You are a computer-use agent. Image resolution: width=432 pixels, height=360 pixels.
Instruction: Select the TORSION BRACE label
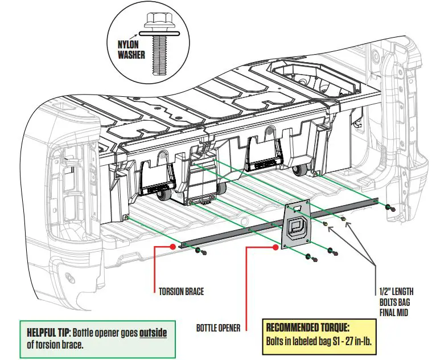(x=181, y=292)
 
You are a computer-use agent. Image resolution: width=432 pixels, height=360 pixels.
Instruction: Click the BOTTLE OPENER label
(x=217, y=328)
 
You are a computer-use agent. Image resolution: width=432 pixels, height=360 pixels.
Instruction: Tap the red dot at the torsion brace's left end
(x=173, y=247)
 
